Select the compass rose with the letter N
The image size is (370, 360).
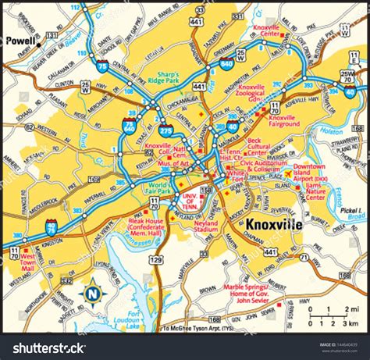point(94,294)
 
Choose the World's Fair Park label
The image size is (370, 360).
point(159,187)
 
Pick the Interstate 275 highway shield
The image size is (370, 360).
point(165,126)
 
